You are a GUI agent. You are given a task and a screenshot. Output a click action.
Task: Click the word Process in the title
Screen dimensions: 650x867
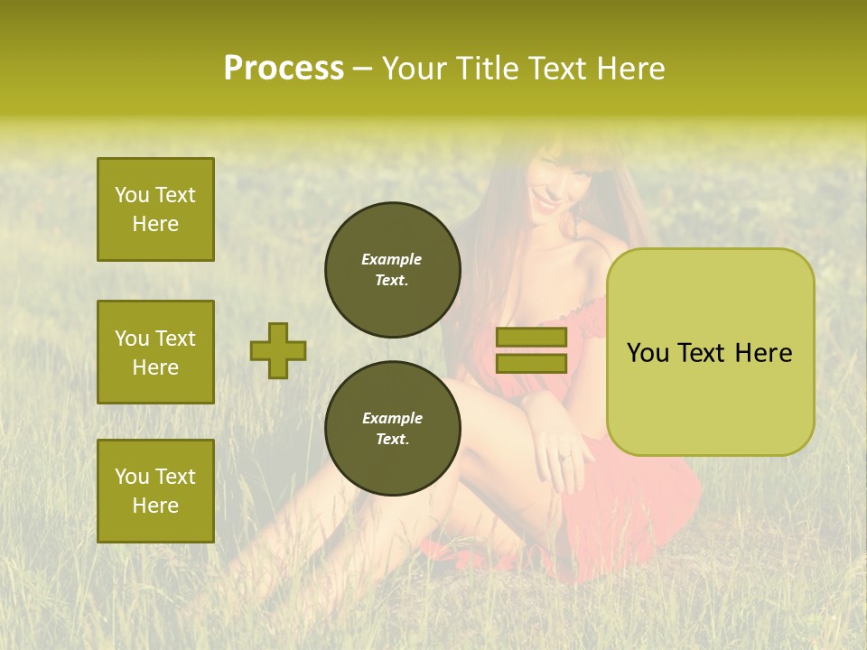(x=284, y=69)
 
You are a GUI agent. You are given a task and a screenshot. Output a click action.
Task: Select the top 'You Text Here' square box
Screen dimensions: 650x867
(x=155, y=209)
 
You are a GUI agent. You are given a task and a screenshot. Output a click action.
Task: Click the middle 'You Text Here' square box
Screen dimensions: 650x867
(x=155, y=352)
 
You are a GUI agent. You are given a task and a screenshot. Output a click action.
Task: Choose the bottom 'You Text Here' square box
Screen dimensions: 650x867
(x=155, y=490)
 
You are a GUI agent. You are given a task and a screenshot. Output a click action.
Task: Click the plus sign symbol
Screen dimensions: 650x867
(x=278, y=350)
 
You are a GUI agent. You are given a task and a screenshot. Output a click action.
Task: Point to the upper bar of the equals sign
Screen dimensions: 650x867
(x=531, y=337)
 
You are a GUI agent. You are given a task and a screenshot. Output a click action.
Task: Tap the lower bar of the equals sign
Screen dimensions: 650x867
(x=531, y=363)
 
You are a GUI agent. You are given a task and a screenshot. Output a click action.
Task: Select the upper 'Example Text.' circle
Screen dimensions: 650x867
(x=392, y=270)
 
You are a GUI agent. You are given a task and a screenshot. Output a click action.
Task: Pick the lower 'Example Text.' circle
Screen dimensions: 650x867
(x=392, y=429)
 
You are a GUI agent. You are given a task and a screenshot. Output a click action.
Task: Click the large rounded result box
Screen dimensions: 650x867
(x=710, y=352)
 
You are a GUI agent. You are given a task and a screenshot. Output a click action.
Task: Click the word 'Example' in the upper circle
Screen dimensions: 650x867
(x=392, y=259)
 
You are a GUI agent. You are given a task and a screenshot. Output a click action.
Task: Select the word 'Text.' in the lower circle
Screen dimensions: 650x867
(x=392, y=440)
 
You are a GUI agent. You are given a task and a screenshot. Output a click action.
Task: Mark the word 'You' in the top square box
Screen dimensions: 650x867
(x=131, y=195)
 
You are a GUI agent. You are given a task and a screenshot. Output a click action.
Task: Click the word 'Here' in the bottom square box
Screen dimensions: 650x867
(x=155, y=506)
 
